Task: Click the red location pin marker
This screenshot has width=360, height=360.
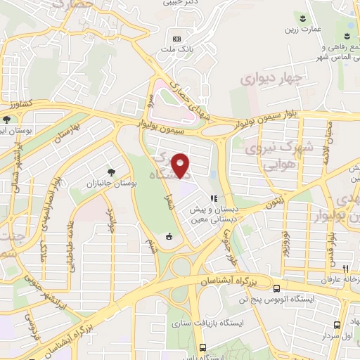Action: click(x=181, y=165)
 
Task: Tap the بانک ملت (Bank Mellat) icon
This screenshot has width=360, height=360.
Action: click(x=176, y=38)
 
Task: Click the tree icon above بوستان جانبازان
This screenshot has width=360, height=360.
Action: click(x=110, y=172)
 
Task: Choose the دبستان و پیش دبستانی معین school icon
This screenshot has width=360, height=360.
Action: click(x=212, y=198)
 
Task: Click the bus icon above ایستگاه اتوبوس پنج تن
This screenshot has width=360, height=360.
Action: click(x=276, y=288)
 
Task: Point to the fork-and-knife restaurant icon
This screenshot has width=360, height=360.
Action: click(x=345, y=269)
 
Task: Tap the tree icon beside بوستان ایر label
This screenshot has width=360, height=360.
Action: click(x=6, y=120)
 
